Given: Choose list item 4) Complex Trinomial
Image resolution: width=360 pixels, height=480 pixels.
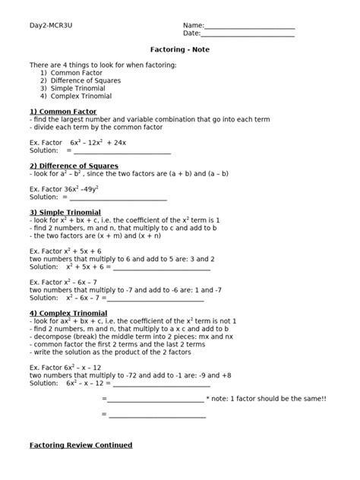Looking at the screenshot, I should pos(76,96).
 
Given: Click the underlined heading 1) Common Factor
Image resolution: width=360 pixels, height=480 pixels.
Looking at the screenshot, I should pos(63,112).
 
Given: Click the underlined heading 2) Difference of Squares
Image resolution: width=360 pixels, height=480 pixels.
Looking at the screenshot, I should pos(74,166).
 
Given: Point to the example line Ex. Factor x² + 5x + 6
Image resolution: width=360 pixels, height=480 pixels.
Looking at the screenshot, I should pos(65,251).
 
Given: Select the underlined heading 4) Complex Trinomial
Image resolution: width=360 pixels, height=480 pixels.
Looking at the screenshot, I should pos(68,313).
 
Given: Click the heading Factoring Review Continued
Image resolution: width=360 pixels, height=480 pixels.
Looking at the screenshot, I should pos(81,445).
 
